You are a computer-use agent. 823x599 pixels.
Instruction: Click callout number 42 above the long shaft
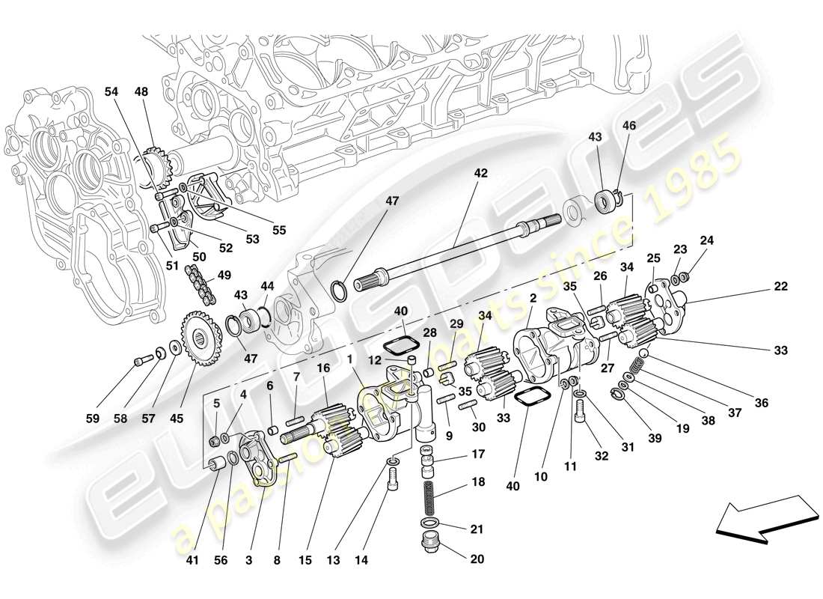tap(480, 173)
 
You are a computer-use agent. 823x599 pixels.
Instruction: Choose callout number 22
tap(781, 287)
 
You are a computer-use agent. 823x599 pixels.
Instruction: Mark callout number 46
tap(628, 127)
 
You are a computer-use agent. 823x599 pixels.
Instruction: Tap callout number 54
tap(111, 91)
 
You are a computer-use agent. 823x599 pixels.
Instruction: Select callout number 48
tap(141, 91)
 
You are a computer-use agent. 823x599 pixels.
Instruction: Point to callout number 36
tap(762, 403)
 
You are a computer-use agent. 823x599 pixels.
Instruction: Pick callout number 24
tap(707, 240)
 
